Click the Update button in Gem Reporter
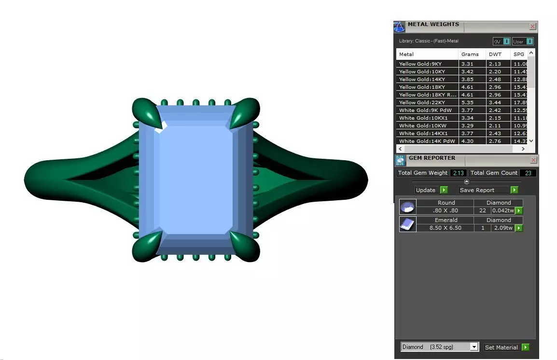[431, 190]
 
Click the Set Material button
[506, 347]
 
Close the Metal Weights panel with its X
[532, 27]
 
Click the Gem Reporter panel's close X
[533, 160]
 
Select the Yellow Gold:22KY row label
[422, 102]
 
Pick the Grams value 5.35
[467, 102]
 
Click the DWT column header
[495, 54]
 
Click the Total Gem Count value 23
[529, 173]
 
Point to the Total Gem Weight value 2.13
[459, 173]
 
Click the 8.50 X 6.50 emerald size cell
[445, 228]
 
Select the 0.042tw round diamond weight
[502, 210]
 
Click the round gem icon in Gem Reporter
[407, 207]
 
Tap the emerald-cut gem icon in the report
[407, 224]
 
